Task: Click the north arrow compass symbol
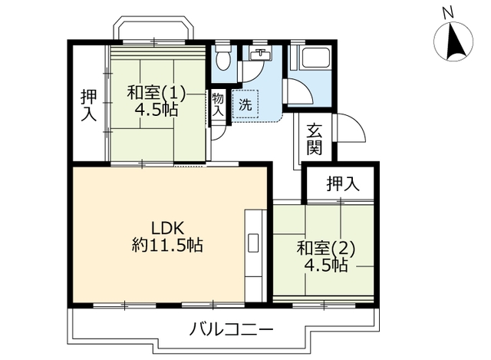(453, 41)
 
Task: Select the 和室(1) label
(156, 93)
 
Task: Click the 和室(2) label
(326, 248)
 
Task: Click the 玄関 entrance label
(315, 140)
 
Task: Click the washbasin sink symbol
(261, 54)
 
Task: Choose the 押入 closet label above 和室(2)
(341, 184)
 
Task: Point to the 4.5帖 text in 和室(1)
(156, 110)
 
